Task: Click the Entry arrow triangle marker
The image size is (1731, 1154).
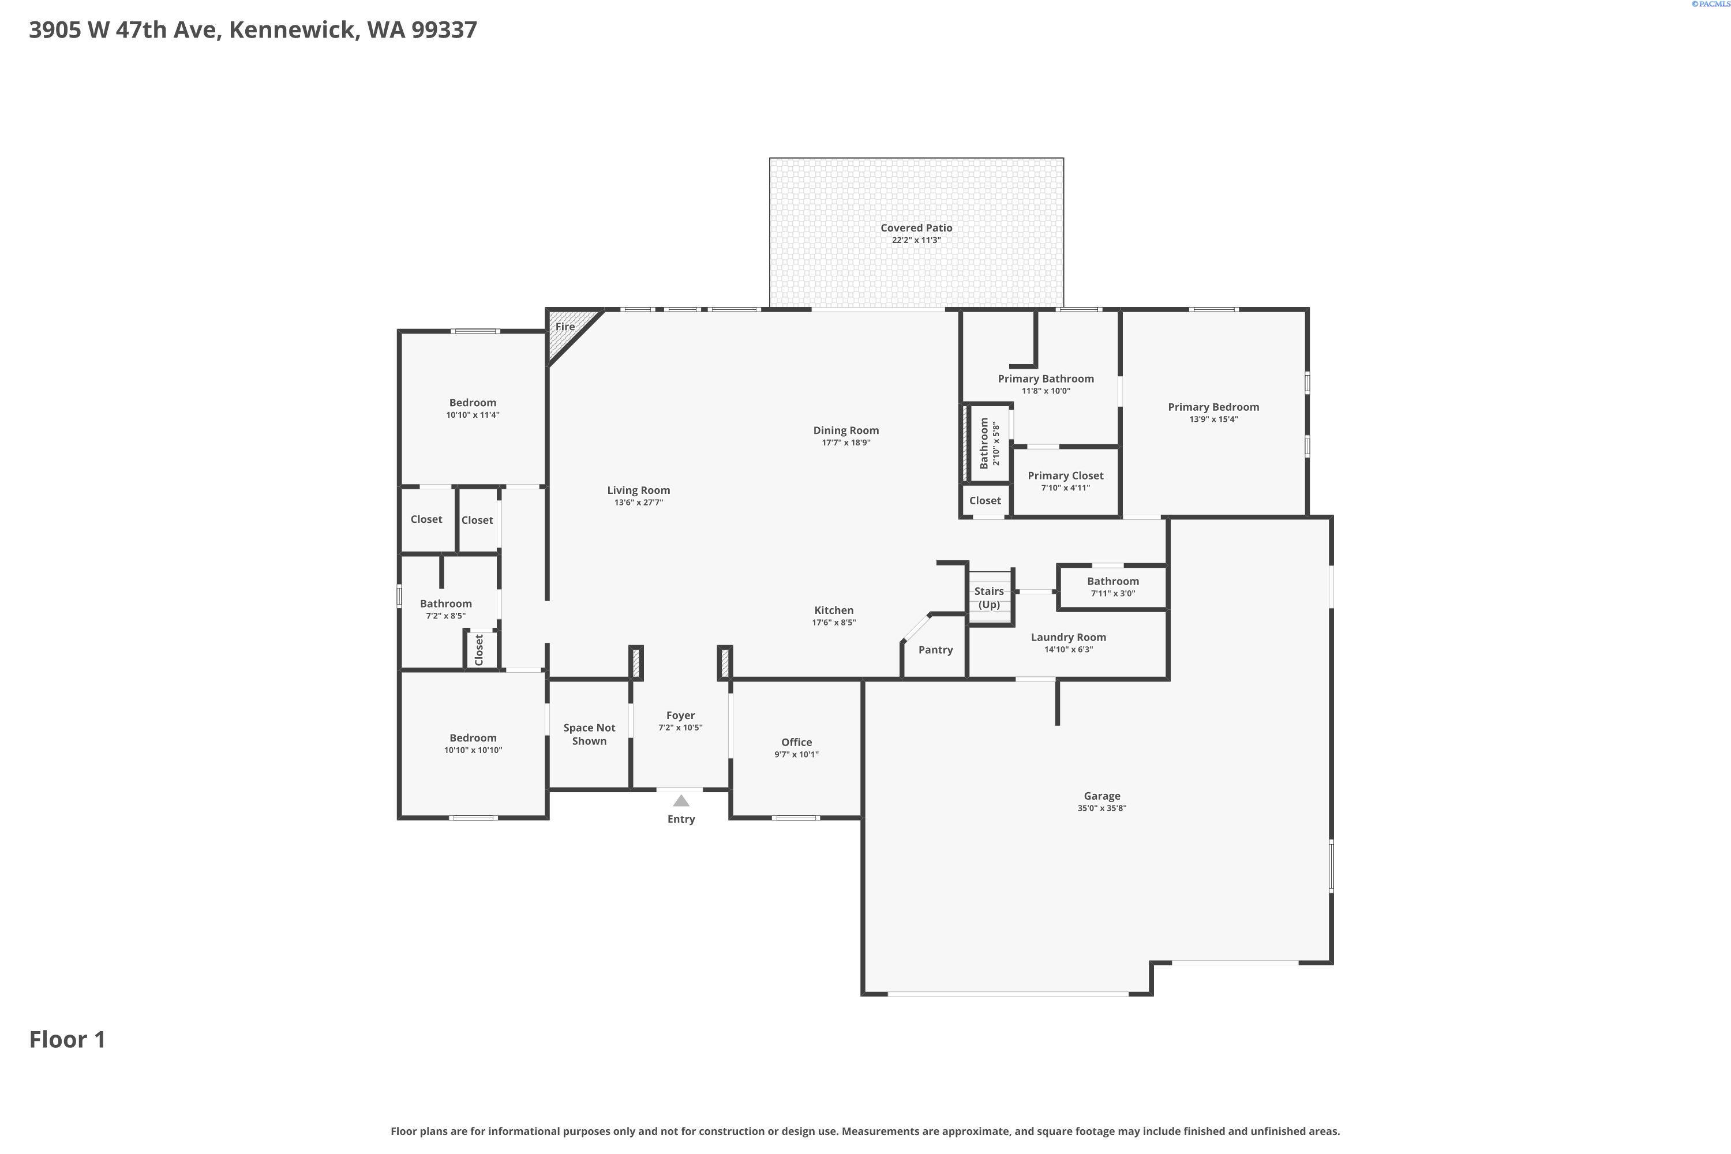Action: pos(681,801)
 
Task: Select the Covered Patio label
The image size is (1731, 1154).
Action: pos(916,228)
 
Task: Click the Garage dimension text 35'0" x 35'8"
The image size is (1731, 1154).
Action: pos(1101,808)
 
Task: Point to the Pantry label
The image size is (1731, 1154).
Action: pos(935,650)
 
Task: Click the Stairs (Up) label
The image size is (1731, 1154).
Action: pos(989,598)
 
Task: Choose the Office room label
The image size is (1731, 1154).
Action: pos(796,742)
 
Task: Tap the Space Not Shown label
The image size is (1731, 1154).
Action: pos(590,735)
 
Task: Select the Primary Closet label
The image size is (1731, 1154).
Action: pos(1066,476)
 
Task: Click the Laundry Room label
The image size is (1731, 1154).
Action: pos(1069,638)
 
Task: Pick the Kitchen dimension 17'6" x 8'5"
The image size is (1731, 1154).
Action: pos(834,623)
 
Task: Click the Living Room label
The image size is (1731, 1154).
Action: pos(639,490)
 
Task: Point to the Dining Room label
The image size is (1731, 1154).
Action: pos(846,430)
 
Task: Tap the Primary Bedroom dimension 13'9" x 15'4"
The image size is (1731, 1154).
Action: pos(1213,419)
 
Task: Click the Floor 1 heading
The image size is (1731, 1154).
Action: pos(68,1039)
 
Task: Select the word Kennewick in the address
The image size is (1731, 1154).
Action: pos(294,30)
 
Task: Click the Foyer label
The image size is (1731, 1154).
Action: pos(681,715)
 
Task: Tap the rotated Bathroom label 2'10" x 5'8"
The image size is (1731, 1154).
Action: pos(990,443)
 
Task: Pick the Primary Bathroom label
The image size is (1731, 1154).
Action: pos(1046,379)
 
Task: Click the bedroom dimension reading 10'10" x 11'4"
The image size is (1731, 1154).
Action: pos(473,415)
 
